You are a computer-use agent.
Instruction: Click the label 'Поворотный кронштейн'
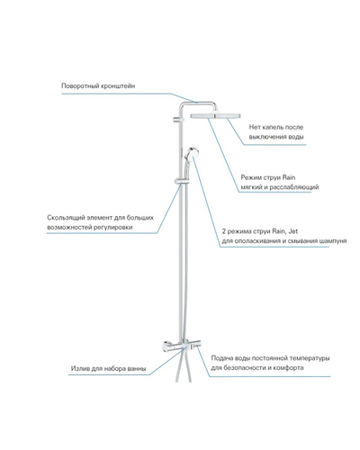pyautogui.click(x=98, y=86)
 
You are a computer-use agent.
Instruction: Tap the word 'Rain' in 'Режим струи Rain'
pyautogui.click(x=289, y=177)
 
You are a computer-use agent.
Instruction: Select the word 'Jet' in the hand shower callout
pyautogui.click(x=293, y=231)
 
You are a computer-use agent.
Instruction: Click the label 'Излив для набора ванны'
pyautogui.click(x=108, y=368)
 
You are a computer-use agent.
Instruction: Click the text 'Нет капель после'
pyautogui.click(x=276, y=127)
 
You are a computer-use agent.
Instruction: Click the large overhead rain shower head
pyautogui.click(x=215, y=115)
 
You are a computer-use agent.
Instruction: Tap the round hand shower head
pyautogui.click(x=191, y=153)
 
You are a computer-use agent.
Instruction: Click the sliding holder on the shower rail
pyautogui.click(x=182, y=181)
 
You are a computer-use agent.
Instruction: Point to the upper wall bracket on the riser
pyautogui.click(x=177, y=120)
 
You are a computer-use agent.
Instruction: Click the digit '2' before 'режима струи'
pyautogui.click(x=224, y=231)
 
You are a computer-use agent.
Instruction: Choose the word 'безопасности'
pyautogui.click(x=245, y=368)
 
